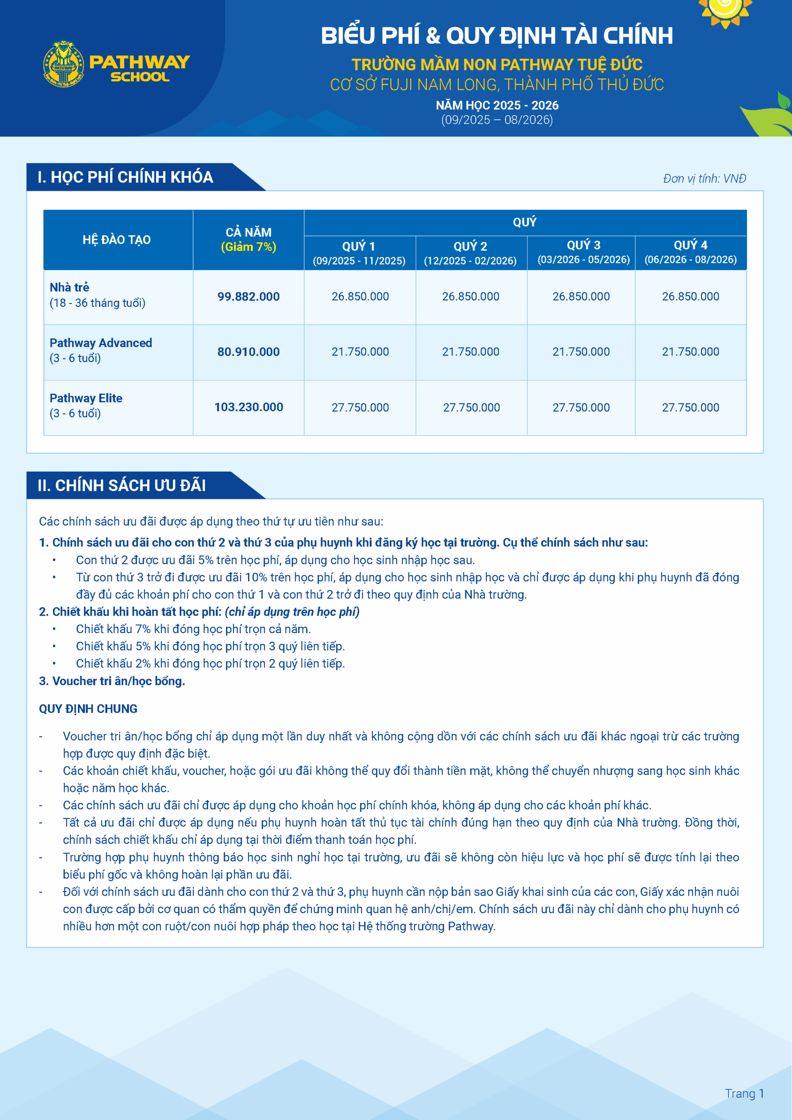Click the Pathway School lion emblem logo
63,64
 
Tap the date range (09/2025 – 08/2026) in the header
496,120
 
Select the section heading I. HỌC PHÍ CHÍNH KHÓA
126,177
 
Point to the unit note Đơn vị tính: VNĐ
704,178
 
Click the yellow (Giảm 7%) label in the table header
248,247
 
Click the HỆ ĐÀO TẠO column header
117,239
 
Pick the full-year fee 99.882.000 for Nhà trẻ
248,297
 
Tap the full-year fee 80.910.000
248,352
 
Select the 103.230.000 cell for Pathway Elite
248,407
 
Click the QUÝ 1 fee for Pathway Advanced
360,352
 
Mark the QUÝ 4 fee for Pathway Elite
690,407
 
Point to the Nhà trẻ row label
70,287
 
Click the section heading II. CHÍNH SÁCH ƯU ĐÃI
122,485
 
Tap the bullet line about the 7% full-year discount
193,629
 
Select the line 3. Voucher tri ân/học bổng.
112,681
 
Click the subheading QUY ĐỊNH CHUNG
88,709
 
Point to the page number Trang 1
744,1094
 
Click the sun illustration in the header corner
725,10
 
